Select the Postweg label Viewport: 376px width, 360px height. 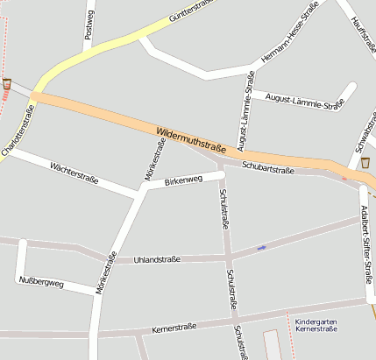[x=89, y=25]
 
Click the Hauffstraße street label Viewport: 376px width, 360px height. [x=362, y=32]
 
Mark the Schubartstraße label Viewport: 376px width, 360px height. [x=268, y=167]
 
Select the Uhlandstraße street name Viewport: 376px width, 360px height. [x=158, y=259]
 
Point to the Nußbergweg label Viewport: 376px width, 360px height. [x=41, y=283]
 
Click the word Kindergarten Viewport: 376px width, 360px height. [x=316, y=321]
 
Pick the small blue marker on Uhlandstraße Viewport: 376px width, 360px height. [x=261, y=248]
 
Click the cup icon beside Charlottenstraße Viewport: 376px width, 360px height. [x=7, y=83]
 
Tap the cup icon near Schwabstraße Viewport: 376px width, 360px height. [x=365, y=163]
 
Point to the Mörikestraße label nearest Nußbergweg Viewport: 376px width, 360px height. [x=107, y=272]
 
